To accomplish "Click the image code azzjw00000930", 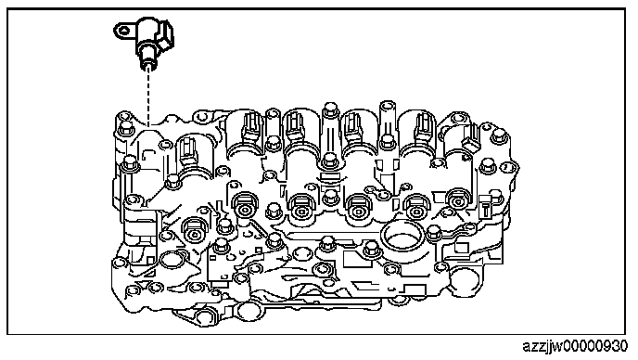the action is pyautogui.click(x=575, y=347).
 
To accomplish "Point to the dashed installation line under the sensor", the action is pyautogui.click(x=148, y=96).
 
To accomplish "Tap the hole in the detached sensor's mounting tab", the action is pyautogui.click(x=123, y=31).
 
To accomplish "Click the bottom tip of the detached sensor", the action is pyautogui.click(x=148, y=67).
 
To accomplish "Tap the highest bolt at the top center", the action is pyautogui.click(x=330, y=110).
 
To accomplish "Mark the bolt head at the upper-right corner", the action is pyautogui.click(x=498, y=136).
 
